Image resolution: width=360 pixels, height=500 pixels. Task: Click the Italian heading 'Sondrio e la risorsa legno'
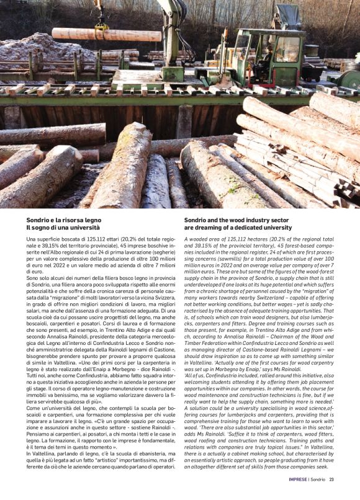[x=63, y=220]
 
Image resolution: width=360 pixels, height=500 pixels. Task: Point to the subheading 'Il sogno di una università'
[x=58, y=228]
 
